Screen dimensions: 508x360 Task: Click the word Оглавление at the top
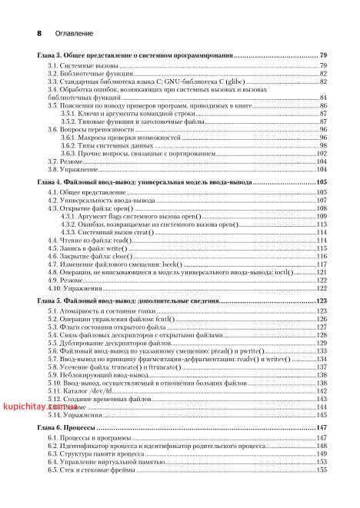pos(73,35)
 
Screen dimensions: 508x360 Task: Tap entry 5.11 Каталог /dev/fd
pos(75,391)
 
